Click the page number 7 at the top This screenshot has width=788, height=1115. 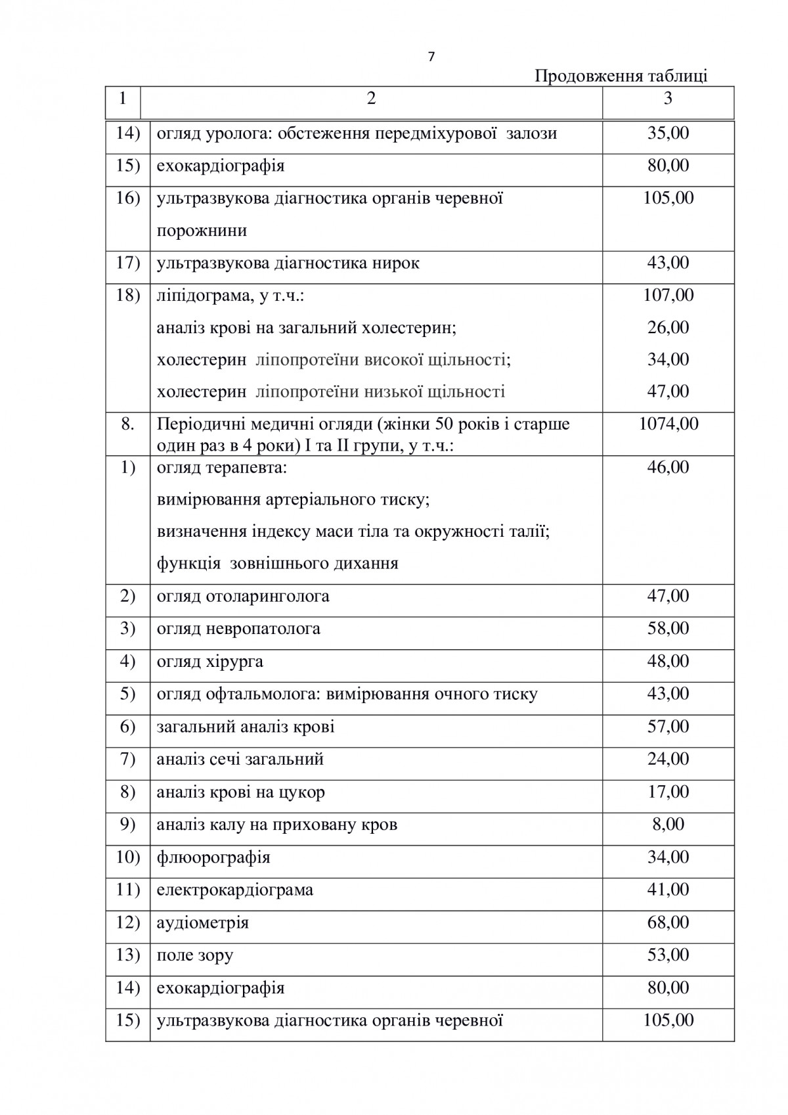[x=431, y=57]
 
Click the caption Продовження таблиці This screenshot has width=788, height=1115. [x=621, y=76]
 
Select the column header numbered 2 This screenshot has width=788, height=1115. [x=372, y=99]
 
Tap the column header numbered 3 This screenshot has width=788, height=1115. [x=668, y=99]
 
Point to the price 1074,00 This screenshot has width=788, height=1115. [x=668, y=424]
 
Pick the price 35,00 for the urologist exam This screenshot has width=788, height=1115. [x=668, y=133]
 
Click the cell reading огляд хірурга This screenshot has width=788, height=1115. [x=210, y=662]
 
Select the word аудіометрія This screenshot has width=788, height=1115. [x=203, y=923]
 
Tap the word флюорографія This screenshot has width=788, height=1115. [x=213, y=858]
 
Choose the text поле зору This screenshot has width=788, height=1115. [x=195, y=955]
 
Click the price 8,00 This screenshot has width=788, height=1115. [x=668, y=824]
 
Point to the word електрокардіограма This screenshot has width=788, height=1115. [x=235, y=890]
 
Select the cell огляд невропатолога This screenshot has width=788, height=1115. [x=238, y=629]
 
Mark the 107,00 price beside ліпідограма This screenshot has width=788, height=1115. [x=668, y=295]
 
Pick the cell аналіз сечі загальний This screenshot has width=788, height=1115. [x=240, y=760]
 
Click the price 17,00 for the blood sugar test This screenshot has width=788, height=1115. [x=668, y=792]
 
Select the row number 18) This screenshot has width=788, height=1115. [x=127, y=295]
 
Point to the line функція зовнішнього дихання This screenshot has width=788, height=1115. [x=278, y=564]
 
